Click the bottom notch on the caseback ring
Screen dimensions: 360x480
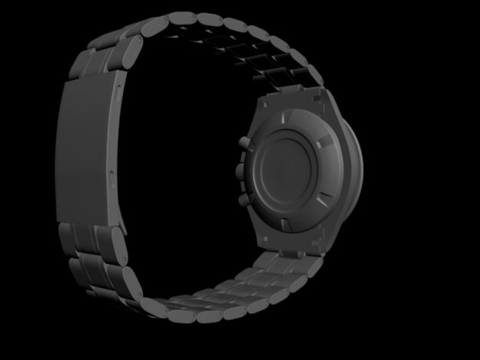pos(285,223)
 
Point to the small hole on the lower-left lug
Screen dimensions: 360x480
pos(266,239)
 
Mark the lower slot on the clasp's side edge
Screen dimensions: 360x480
pos(113,178)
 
